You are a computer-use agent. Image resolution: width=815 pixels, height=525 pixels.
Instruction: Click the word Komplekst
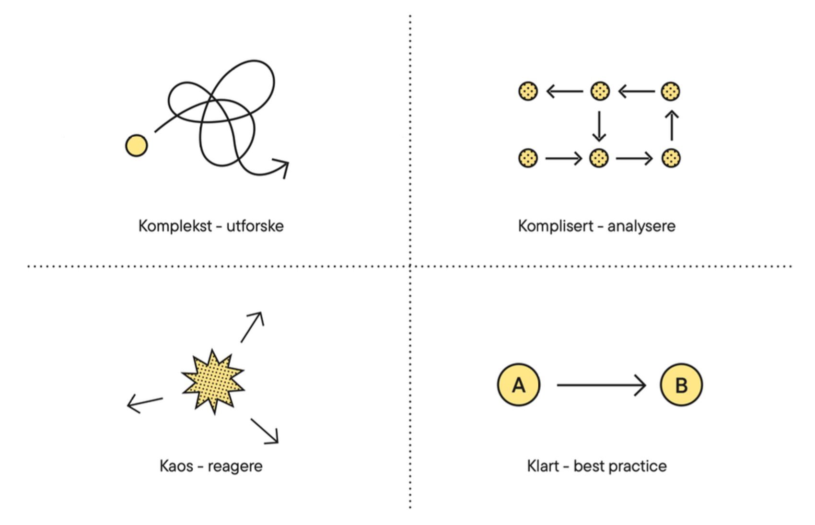tap(175, 226)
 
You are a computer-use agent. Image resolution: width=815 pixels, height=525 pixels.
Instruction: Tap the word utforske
tap(255, 226)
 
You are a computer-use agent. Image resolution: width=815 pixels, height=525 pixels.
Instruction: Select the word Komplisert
tap(555, 226)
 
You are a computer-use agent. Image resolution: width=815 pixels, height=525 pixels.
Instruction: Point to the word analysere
tap(641, 226)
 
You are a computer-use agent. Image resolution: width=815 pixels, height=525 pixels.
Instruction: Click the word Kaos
tap(176, 466)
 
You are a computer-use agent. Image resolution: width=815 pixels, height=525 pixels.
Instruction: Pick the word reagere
tap(235, 467)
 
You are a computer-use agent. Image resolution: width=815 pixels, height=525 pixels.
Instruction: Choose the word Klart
tap(543, 466)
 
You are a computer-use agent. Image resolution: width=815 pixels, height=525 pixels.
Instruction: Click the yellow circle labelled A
tap(519, 385)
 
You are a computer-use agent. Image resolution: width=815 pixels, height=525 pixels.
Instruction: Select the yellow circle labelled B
tap(681, 385)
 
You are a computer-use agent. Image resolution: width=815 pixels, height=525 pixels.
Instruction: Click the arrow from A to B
tap(601, 385)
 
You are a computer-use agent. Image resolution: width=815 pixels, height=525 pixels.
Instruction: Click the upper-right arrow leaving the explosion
tap(253, 327)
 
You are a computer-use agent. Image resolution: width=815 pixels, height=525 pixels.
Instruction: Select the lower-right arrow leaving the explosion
tap(265, 431)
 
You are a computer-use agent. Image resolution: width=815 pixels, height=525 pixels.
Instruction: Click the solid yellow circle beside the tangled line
tap(136, 145)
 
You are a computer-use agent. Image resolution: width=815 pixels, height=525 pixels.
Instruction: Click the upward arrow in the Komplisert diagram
tap(672, 125)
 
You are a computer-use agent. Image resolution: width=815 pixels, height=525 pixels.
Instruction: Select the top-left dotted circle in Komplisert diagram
tap(528, 91)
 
